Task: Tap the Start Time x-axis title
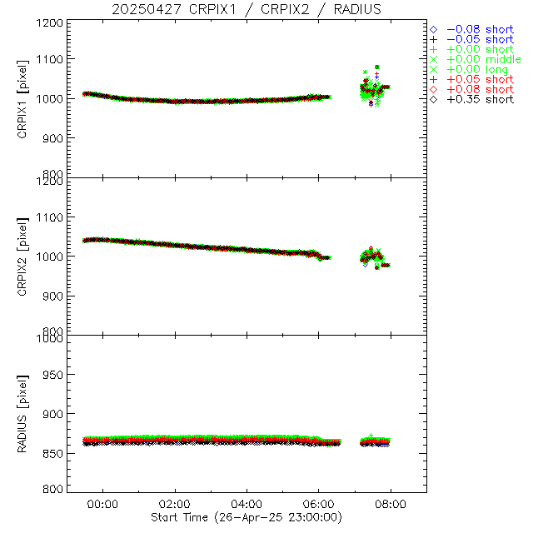click(247, 517)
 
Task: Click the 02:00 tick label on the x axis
click(176, 504)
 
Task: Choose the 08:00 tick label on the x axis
click(391, 504)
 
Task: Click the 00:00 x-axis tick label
click(104, 504)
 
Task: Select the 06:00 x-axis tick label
click(319, 504)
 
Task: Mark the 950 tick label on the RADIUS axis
click(51, 376)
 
